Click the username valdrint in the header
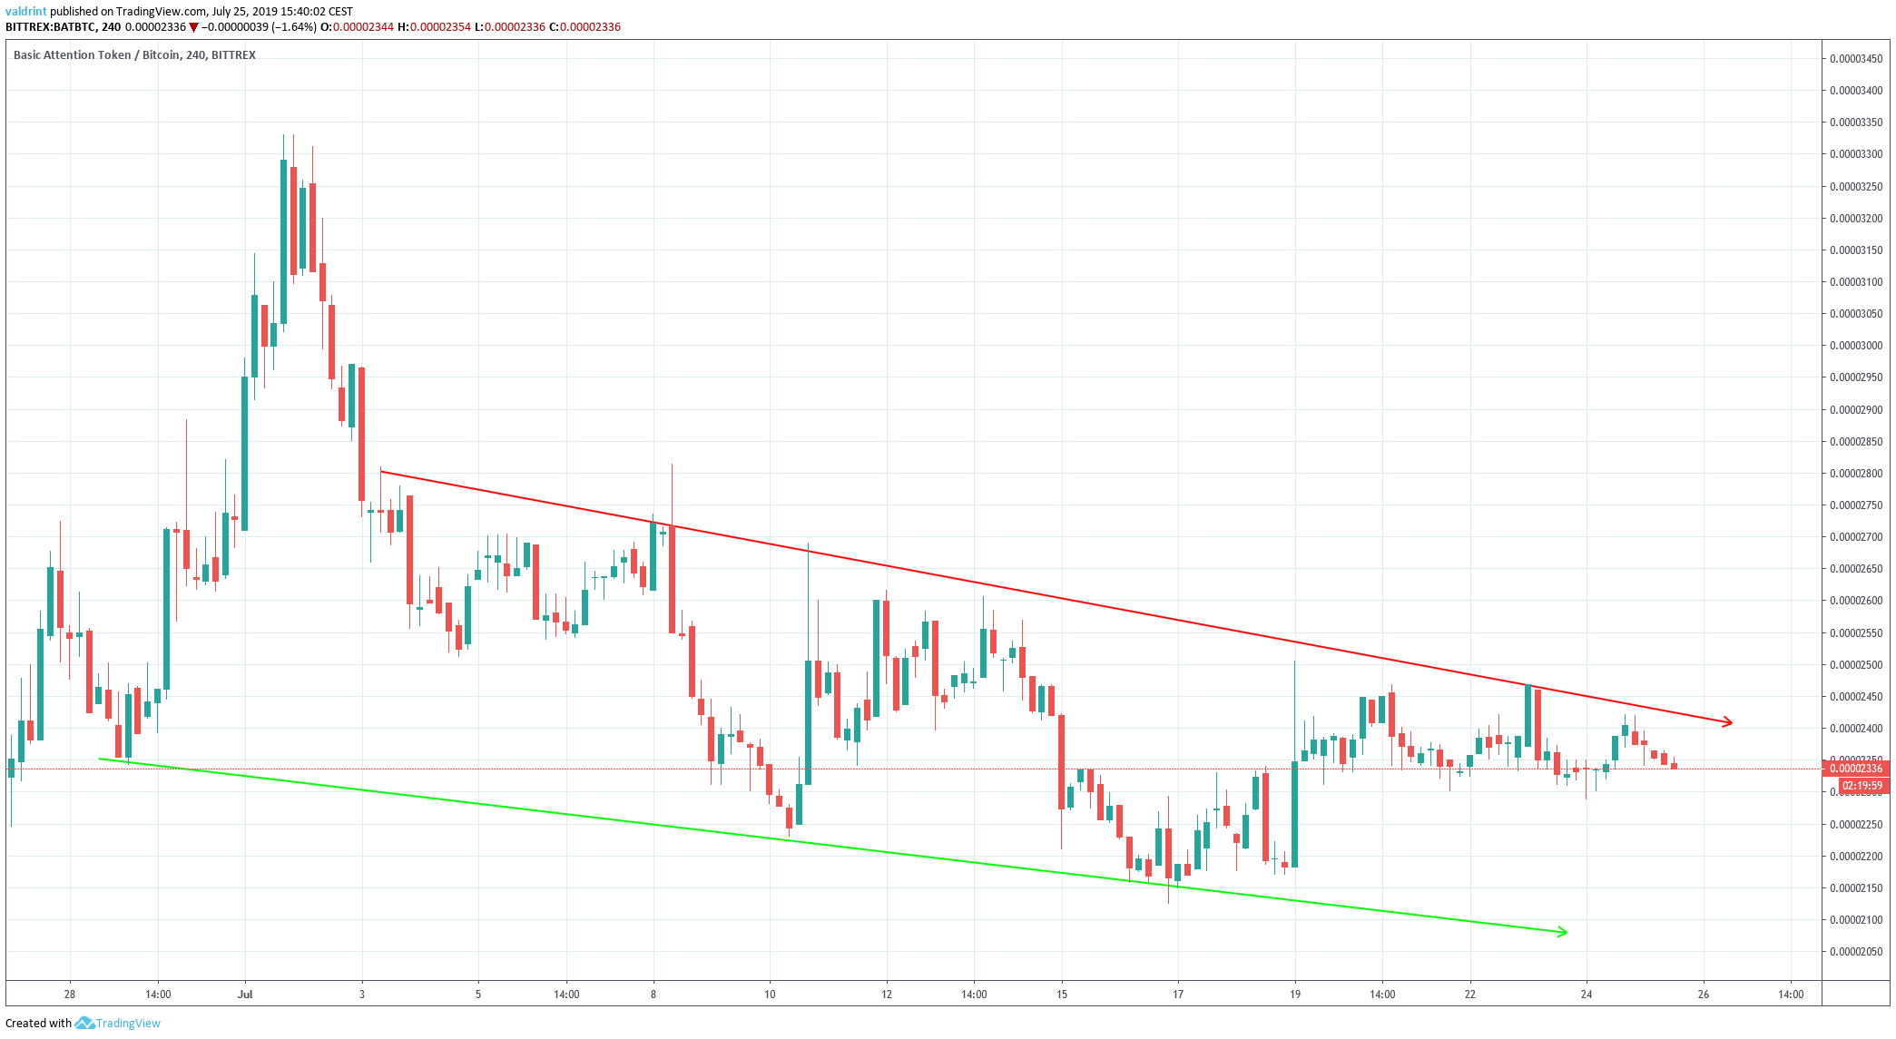click(x=25, y=12)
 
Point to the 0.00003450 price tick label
click(x=1855, y=59)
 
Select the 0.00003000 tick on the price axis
click(x=1855, y=346)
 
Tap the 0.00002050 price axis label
click(x=1855, y=952)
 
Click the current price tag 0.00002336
click(x=1857, y=769)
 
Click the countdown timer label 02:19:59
click(x=1862, y=786)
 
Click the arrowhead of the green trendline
click(x=1562, y=932)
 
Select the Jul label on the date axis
click(x=245, y=995)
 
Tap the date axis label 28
click(x=70, y=995)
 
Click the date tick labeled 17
click(x=1178, y=995)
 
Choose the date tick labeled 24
click(x=1587, y=995)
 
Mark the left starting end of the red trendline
click(x=382, y=471)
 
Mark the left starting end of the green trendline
click(x=100, y=759)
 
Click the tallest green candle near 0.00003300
click(x=284, y=241)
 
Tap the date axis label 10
click(x=770, y=995)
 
